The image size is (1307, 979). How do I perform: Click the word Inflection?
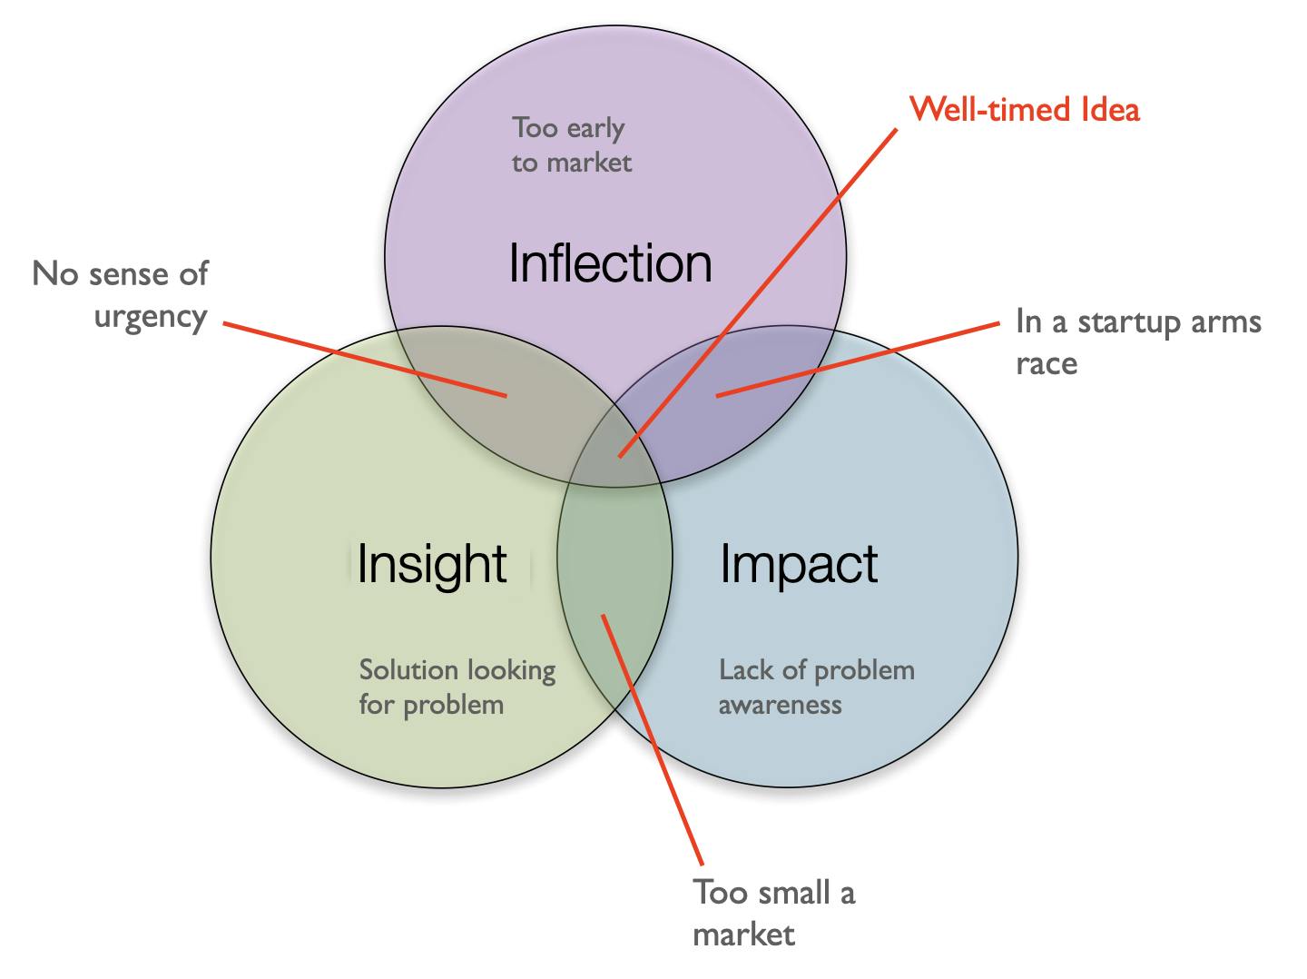(x=610, y=263)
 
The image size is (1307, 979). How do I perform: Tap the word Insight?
(x=432, y=565)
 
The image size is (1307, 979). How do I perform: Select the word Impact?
(x=799, y=565)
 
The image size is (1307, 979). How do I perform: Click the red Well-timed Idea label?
(x=1024, y=110)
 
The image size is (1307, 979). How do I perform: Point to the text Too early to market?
(x=572, y=145)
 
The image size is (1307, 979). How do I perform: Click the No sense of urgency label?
(x=121, y=295)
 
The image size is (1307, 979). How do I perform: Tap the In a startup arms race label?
(x=1138, y=341)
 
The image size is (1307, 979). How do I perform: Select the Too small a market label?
(x=774, y=912)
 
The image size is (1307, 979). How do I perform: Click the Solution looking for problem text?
(x=457, y=687)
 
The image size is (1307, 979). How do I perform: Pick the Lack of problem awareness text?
(x=816, y=687)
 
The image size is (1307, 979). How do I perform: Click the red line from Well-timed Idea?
(x=758, y=293)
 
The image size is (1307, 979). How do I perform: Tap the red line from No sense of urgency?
(x=365, y=359)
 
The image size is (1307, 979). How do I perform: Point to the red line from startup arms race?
(x=858, y=360)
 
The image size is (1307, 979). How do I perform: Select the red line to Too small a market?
(x=652, y=739)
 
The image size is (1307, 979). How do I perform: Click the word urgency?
(x=151, y=317)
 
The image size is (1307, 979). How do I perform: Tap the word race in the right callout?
(x=1047, y=363)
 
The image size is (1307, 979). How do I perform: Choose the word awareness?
(x=780, y=705)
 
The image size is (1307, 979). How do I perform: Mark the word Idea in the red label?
(x=1111, y=110)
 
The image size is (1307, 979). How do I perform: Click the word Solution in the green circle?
(x=408, y=670)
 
